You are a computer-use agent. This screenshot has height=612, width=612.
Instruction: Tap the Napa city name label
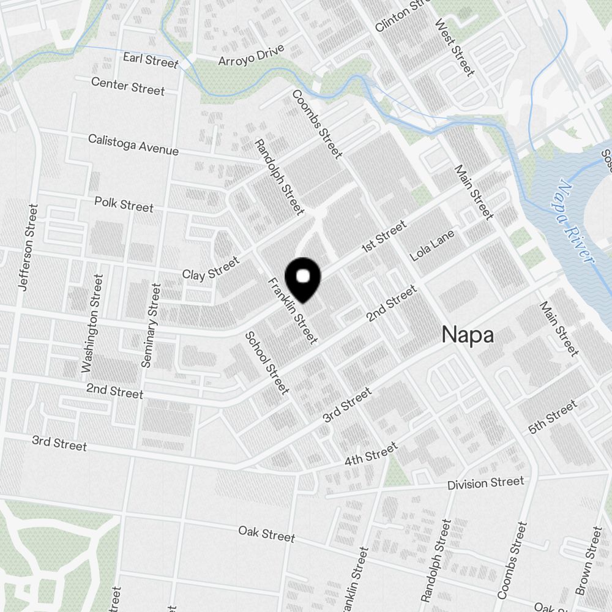pos(468,335)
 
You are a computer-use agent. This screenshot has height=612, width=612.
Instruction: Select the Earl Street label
pos(150,60)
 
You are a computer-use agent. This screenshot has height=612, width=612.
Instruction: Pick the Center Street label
pos(128,86)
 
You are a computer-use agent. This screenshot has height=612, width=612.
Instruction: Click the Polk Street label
pos(124,204)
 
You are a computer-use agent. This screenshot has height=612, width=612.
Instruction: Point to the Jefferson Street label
pos(28,247)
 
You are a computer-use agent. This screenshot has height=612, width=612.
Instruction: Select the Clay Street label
pos(211,269)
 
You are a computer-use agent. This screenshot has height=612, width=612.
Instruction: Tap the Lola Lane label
pos(433,245)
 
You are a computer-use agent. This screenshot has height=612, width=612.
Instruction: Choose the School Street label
pos(266,362)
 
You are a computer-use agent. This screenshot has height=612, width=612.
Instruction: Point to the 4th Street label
pos(371,454)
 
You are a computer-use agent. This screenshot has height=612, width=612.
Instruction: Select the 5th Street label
pos(553,417)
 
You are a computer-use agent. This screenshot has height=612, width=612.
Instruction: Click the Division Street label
pos(485,483)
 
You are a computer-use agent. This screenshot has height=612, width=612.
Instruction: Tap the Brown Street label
pos(589,561)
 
